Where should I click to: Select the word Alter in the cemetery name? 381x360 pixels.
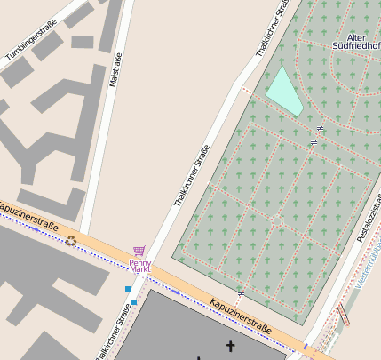coord(355,36)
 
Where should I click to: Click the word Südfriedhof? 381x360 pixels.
coord(355,45)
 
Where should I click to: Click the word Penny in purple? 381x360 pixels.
coord(139,262)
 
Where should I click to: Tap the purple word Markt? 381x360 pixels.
coord(139,269)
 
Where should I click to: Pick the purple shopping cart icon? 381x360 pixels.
coord(139,252)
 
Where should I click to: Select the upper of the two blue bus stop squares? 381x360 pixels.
coord(128,289)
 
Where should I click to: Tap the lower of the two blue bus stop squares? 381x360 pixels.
coord(134,303)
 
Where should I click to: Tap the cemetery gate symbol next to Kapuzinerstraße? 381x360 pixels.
coord(241,292)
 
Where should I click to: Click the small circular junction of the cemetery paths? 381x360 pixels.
coord(277,219)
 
